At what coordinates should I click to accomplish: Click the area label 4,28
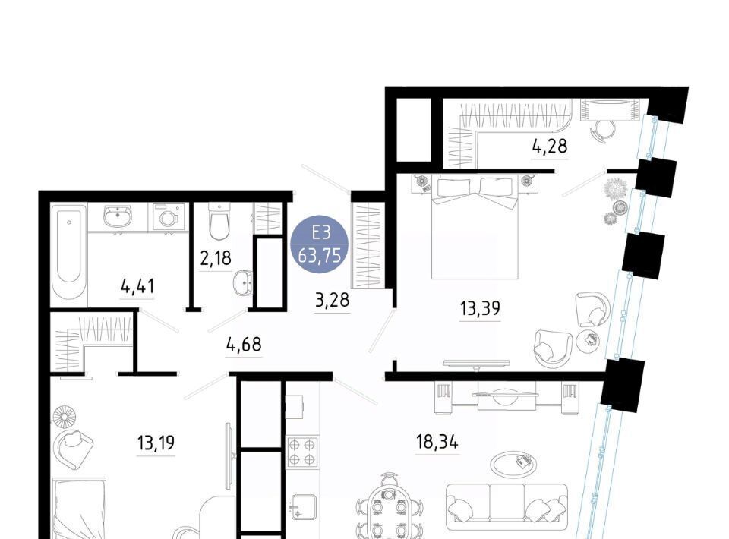[550, 147]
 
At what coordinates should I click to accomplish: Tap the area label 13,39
[480, 308]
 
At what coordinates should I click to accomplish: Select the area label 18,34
[437, 442]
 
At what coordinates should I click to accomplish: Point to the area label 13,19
[156, 443]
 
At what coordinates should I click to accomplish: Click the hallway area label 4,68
[244, 345]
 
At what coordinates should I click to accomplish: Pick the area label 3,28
[332, 300]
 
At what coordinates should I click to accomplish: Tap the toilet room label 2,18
[216, 258]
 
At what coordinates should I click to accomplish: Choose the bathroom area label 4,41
[137, 286]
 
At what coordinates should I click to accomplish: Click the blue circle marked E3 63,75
[319, 243]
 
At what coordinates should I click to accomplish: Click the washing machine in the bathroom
[166, 217]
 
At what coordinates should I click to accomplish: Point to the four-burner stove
[302, 452]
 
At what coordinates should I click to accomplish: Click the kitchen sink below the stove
[304, 507]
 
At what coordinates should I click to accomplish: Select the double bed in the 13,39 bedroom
[475, 228]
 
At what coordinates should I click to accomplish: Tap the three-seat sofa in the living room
[507, 506]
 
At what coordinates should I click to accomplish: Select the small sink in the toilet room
[242, 282]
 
